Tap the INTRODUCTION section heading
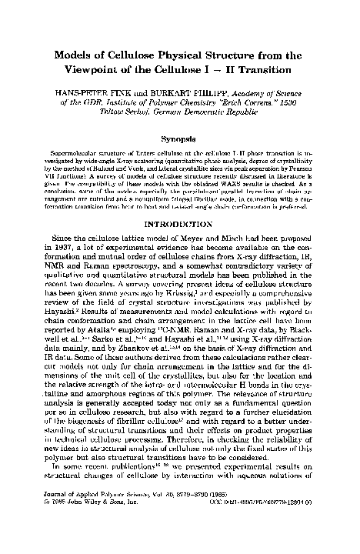(179, 247)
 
